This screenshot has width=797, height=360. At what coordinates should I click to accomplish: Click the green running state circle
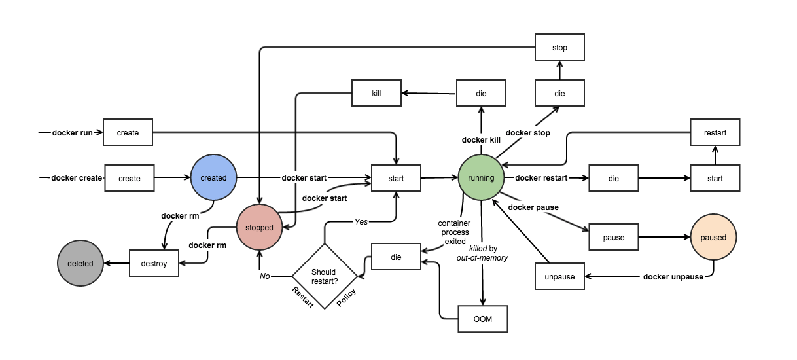(x=481, y=178)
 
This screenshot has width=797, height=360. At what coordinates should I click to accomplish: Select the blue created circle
(x=213, y=178)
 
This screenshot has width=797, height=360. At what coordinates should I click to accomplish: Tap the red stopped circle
(x=260, y=227)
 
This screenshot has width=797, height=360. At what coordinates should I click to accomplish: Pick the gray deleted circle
(x=80, y=264)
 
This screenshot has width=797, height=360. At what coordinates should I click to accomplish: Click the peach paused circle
(x=713, y=237)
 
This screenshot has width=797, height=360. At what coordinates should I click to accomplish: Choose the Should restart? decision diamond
(x=325, y=276)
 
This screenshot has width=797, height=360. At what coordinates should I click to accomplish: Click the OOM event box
(x=482, y=319)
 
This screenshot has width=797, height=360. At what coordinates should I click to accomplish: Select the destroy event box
(x=154, y=264)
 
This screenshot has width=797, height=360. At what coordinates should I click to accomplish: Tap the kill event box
(x=376, y=93)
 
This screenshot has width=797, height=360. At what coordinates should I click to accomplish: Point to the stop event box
(x=559, y=48)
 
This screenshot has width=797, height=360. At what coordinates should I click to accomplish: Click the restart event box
(x=715, y=132)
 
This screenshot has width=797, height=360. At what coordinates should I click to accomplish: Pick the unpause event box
(x=559, y=276)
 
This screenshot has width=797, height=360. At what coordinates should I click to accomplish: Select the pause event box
(x=613, y=237)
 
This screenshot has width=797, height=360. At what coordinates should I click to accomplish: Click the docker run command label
(x=73, y=132)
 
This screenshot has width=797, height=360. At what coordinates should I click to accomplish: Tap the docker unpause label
(x=673, y=276)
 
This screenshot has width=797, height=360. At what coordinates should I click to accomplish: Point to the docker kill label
(x=481, y=140)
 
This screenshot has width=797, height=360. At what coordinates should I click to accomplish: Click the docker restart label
(x=541, y=178)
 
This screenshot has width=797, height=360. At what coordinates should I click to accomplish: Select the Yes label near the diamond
(x=361, y=221)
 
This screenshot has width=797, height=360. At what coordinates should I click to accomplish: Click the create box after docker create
(x=130, y=178)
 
